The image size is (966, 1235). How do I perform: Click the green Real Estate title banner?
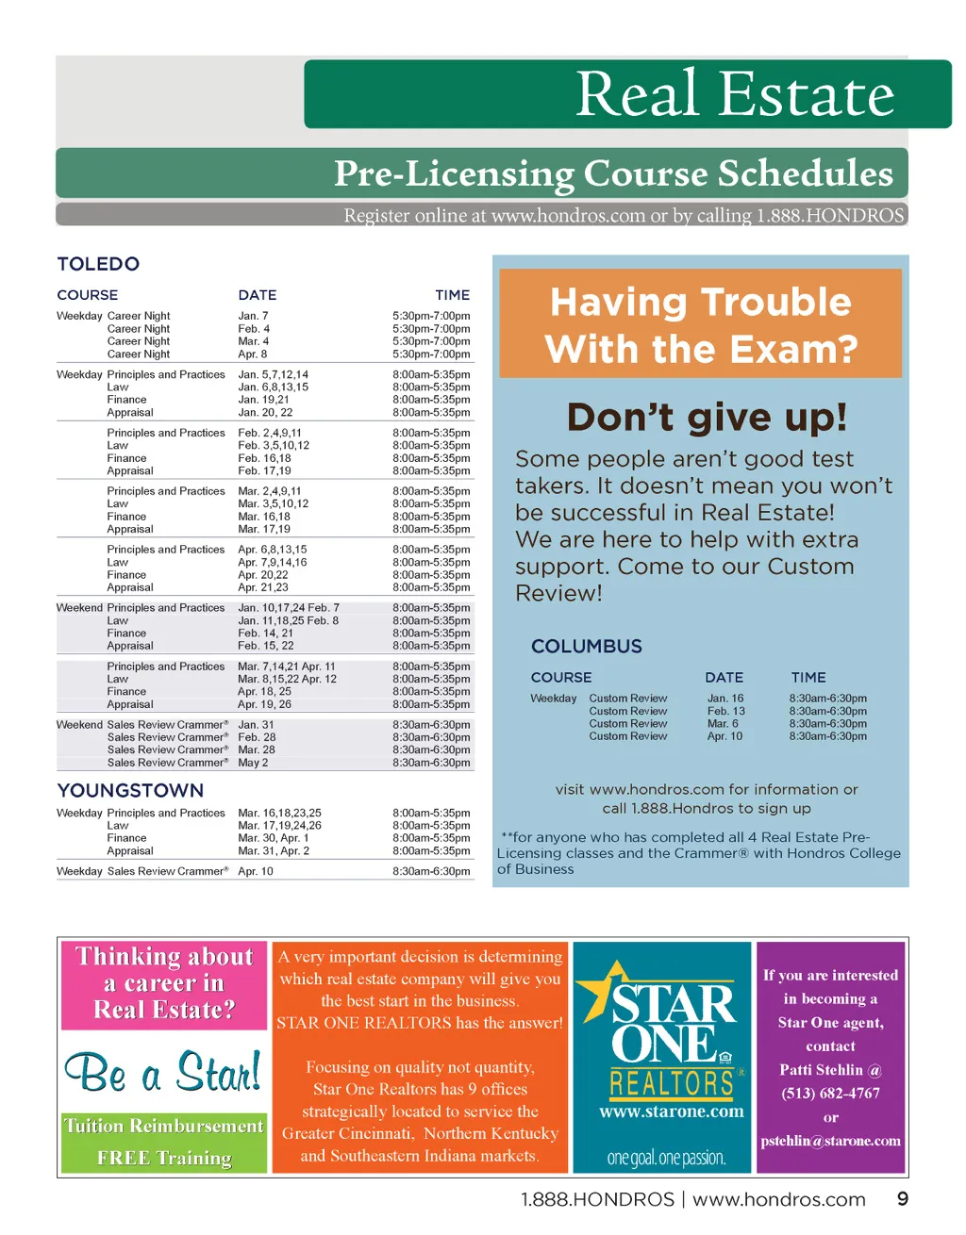pyautogui.click(x=627, y=94)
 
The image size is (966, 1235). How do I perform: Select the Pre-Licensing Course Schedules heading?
pyautogui.click(x=613, y=173)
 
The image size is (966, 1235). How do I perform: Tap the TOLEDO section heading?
pyautogui.click(x=98, y=264)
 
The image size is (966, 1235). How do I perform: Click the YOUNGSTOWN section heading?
pyautogui.click(x=130, y=790)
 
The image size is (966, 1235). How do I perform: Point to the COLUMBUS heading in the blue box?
pyautogui.click(x=586, y=647)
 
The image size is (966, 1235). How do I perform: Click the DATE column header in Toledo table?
pyautogui.click(x=257, y=295)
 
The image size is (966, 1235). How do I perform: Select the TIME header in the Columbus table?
pyautogui.click(x=808, y=678)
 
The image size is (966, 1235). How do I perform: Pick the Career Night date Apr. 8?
pyautogui.click(x=253, y=354)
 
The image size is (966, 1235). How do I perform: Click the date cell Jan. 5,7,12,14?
pyautogui.click(x=273, y=374)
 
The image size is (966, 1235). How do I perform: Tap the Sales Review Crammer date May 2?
pyautogui.click(x=253, y=763)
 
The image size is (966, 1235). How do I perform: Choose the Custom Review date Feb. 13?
pyautogui.click(x=725, y=712)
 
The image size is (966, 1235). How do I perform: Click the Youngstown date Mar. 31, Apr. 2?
pyautogui.click(x=273, y=851)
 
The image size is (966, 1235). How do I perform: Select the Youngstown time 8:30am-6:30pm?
pyautogui.click(x=431, y=872)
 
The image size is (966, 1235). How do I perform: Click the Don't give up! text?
pyautogui.click(x=707, y=417)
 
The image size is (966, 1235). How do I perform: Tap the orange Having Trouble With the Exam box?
pyautogui.click(x=700, y=324)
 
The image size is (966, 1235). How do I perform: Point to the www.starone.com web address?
pyautogui.click(x=672, y=1112)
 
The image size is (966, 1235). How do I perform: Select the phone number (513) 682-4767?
pyautogui.click(x=830, y=1094)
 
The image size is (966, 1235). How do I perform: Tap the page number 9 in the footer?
pyautogui.click(x=902, y=1199)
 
